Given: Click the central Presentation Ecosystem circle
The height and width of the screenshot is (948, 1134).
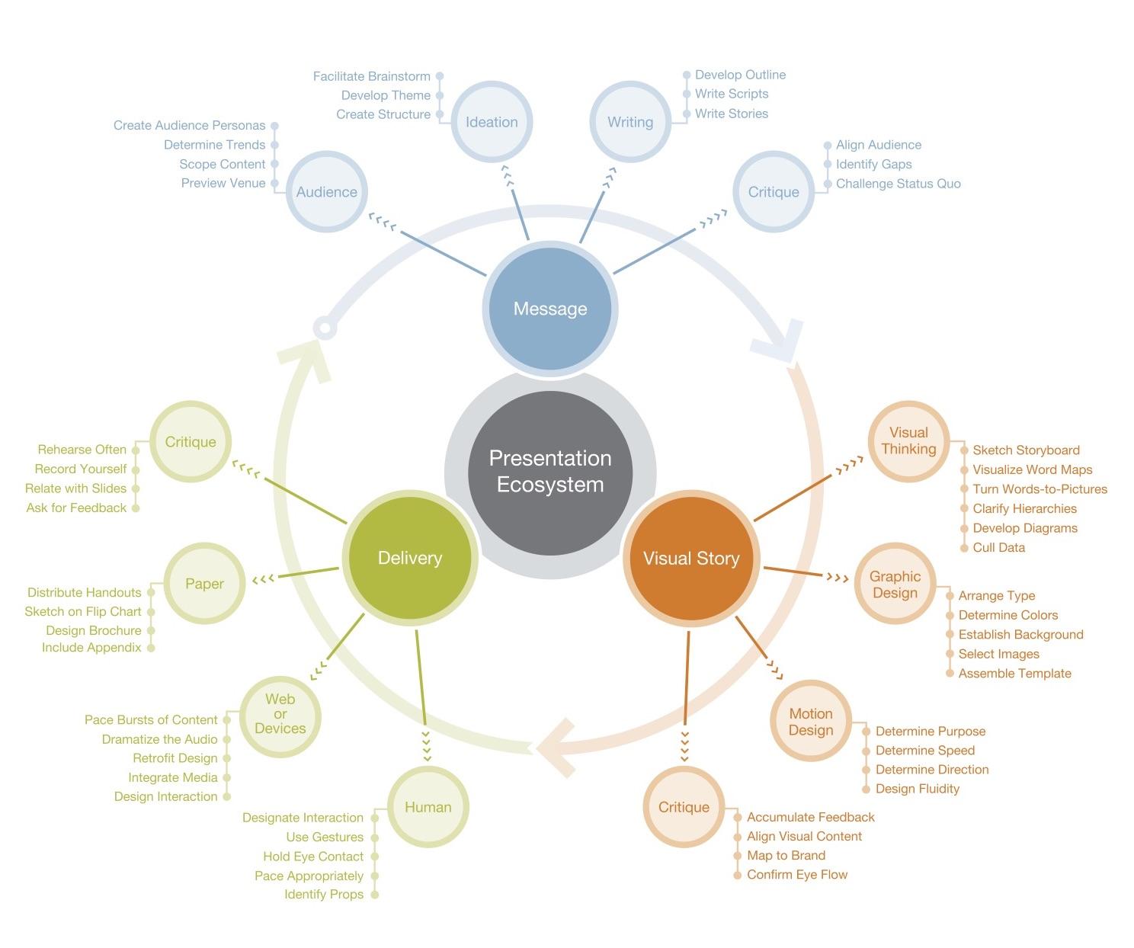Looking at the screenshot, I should (x=550, y=472).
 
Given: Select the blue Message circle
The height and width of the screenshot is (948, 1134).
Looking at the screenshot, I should (x=550, y=309).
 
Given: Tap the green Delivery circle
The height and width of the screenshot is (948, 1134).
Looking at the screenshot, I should (x=410, y=558).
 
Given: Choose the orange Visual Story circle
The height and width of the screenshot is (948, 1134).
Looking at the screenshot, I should (x=691, y=558).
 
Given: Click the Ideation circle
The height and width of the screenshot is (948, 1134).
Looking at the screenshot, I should (x=492, y=122).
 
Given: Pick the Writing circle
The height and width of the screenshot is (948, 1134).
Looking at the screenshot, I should (x=630, y=122).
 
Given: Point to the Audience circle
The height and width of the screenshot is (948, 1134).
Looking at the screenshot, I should (x=327, y=192).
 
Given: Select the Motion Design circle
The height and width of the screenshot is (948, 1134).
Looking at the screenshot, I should (x=810, y=722).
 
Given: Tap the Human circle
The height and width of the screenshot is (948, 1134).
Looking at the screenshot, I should (x=428, y=807).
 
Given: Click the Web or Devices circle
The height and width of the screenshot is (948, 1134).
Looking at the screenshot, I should (x=280, y=714).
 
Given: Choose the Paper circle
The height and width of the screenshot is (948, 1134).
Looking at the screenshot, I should (x=204, y=584).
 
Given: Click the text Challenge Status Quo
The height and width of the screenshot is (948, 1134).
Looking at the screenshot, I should (x=898, y=184).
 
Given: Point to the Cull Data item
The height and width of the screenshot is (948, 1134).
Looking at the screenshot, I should (x=998, y=547).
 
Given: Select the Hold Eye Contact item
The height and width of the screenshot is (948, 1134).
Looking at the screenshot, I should (x=313, y=857).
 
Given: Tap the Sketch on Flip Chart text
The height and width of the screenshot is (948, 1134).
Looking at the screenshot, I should (x=83, y=611).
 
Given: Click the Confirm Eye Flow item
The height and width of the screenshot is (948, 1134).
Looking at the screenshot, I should (x=797, y=874).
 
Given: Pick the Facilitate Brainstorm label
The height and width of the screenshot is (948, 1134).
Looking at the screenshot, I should (x=372, y=76).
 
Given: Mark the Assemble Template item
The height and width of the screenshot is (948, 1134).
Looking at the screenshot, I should (x=1014, y=673).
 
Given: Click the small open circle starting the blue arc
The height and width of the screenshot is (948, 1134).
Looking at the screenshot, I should (x=325, y=328).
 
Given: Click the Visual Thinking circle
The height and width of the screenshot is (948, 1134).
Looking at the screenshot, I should (x=908, y=441).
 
